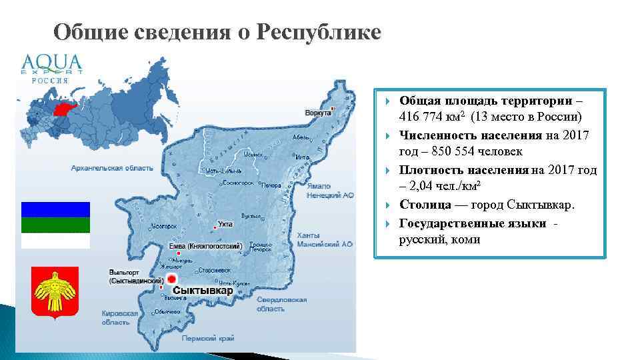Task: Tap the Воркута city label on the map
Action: click(x=318, y=113)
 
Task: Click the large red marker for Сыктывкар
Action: click(x=171, y=279)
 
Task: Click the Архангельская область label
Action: click(x=112, y=168)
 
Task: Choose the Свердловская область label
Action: click(x=281, y=304)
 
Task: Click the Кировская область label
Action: click(x=120, y=317)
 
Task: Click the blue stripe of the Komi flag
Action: click(x=55, y=209)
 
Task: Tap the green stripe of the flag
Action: click(x=55, y=225)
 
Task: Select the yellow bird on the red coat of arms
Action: click(x=55, y=293)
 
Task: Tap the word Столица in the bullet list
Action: click(x=424, y=205)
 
